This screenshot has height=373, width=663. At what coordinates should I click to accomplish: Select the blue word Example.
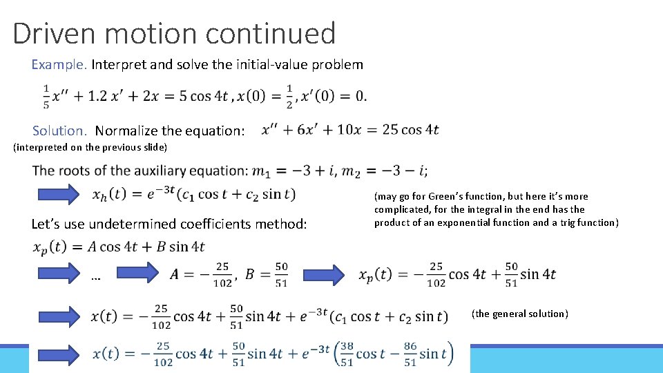click(59, 65)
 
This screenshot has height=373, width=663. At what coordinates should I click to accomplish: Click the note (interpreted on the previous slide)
click(90, 146)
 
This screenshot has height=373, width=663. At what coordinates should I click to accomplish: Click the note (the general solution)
click(519, 314)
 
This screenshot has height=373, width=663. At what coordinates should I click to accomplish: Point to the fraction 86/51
click(410, 353)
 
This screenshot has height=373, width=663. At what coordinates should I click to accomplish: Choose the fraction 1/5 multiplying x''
click(46, 96)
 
